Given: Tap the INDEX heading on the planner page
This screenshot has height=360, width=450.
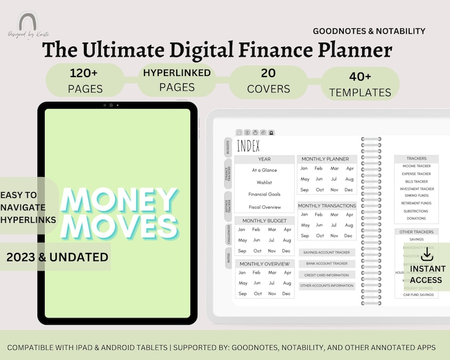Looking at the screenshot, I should point(248,147).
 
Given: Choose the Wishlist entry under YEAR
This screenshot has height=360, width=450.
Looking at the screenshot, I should point(264,183).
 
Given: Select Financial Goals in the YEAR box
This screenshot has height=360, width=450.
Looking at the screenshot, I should point(264,194).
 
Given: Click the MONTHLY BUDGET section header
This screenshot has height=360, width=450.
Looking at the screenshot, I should point(264,221).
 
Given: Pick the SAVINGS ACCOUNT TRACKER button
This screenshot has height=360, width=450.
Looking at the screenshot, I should point(326,252).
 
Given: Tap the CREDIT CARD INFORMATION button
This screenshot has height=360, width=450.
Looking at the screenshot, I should point(326,275).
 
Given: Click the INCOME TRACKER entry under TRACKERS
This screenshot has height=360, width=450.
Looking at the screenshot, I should point(417,166).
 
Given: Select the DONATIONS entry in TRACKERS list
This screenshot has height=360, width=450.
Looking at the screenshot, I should point(417,218).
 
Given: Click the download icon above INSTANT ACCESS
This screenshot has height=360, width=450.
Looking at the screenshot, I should point(427,255).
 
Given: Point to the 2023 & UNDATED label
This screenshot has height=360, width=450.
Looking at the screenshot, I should point(57,257).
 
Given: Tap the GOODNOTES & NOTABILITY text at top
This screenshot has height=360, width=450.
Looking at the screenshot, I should point(369,31).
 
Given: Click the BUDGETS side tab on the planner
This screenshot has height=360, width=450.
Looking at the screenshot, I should point(228,147).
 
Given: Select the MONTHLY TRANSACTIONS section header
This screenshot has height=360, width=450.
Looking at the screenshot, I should point(327,206).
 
